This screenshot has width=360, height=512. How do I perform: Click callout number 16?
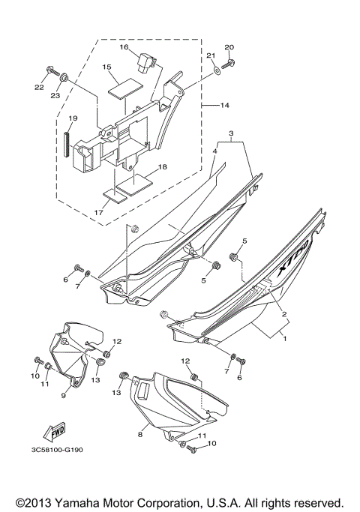(x=124, y=47)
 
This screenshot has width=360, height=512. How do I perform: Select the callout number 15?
(x=106, y=67)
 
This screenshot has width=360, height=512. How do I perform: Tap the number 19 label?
(x=73, y=118)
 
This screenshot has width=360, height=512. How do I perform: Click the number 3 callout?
(x=232, y=134)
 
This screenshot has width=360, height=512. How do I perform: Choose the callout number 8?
(x=139, y=433)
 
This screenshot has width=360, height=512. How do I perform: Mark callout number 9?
(x=64, y=394)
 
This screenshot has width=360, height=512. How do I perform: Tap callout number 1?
(x=283, y=338)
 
